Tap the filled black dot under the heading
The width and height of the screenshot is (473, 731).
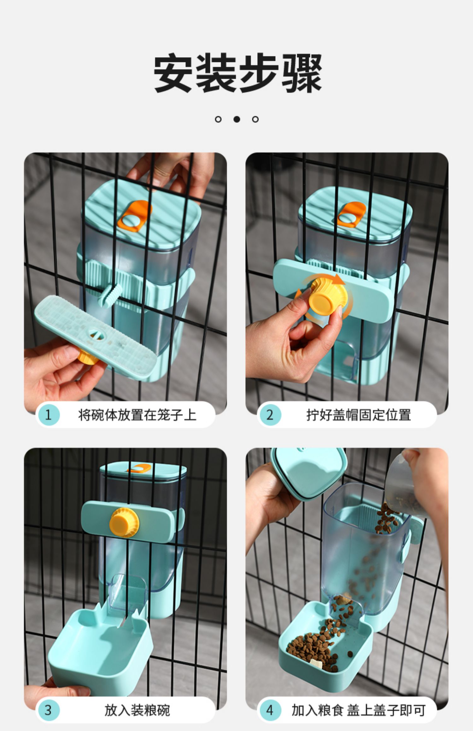pyautogui.click(x=237, y=119)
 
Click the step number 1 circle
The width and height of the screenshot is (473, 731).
pyautogui.click(x=48, y=415)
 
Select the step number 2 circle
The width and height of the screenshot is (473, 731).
pyautogui.click(x=270, y=415)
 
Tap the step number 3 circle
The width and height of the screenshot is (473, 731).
pyautogui.click(x=48, y=710)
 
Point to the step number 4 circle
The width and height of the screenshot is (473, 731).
pyautogui.click(x=270, y=710)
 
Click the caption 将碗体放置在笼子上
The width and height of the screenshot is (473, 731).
pyautogui.click(x=137, y=415)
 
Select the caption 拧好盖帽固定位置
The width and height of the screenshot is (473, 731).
pyautogui.click(x=359, y=415)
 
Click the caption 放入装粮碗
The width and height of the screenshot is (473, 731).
pyautogui.click(x=137, y=710)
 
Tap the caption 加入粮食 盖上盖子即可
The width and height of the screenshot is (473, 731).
pyautogui.click(x=359, y=710)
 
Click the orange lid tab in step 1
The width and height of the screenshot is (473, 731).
pyautogui.click(x=134, y=216)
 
